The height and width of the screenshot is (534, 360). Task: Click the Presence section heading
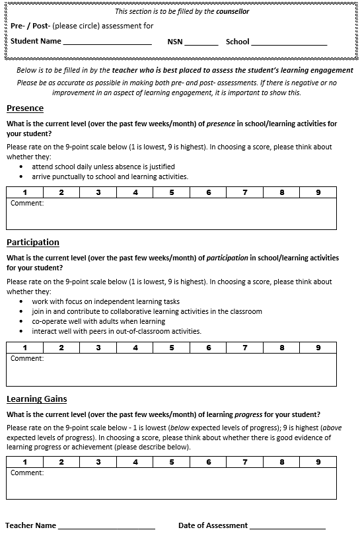(25, 108)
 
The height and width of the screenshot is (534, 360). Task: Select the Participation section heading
(33, 243)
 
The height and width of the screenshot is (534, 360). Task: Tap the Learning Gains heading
(37, 399)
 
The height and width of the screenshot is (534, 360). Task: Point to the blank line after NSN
(201, 43)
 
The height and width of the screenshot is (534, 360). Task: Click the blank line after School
(289, 43)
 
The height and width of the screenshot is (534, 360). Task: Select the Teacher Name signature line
(106, 527)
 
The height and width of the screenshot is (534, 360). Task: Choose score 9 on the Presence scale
(318, 192)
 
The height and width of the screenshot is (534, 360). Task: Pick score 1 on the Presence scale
(24, 192)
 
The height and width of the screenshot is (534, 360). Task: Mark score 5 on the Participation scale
(172, 348)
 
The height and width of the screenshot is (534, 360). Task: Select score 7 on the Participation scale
(244, 348)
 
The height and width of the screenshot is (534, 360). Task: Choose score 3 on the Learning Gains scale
(98, 462)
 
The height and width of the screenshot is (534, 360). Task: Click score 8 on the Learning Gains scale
(281, 462)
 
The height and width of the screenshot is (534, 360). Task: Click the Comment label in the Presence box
(27, 204)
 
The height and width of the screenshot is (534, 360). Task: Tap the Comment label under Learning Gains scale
(27, 473)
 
